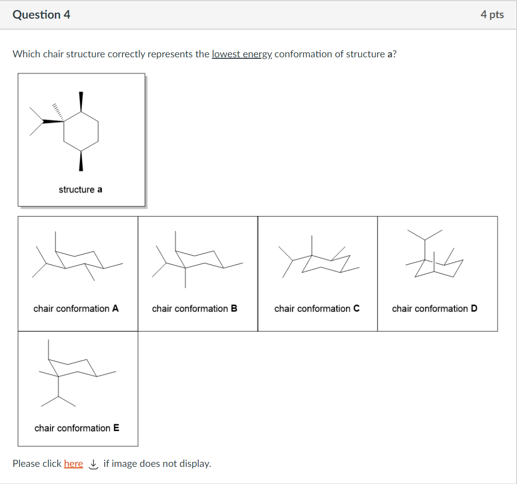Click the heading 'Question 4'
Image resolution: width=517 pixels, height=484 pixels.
42,15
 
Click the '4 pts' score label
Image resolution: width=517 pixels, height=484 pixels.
492,15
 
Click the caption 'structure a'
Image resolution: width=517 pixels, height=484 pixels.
80,190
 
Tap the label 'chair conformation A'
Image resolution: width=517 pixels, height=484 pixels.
76,309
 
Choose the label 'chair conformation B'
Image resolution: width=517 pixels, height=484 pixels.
194,309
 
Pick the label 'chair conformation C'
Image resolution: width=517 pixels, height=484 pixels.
317,309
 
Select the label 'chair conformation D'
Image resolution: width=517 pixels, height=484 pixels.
434,309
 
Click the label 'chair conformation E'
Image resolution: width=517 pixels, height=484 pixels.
76,428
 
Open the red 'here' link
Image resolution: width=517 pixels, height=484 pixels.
73,463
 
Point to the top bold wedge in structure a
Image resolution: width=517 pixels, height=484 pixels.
81,101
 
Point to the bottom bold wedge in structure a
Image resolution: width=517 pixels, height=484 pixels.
81,161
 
